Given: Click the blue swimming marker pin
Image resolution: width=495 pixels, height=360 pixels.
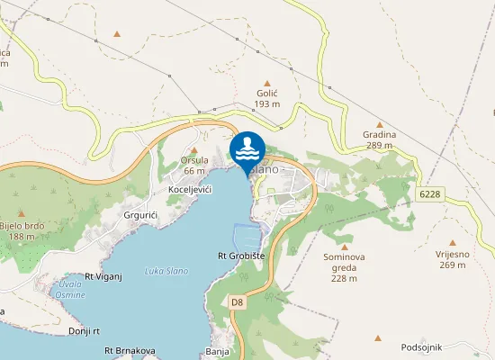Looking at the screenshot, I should (x=247, y=149).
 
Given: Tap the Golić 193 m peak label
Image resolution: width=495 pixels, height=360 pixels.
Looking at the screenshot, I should (x=267, y=98).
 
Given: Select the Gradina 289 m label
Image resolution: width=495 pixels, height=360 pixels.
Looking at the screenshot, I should (x=380, y=139).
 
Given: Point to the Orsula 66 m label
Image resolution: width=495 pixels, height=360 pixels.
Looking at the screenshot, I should (x=195, y=165).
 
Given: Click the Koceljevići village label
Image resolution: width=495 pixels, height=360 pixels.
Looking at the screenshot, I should (x=190, y=190).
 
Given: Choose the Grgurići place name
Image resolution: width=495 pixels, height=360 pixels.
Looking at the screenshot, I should (x=142, y=216).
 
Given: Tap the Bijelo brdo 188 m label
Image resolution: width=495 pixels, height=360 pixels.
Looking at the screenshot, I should (x=22, y=230).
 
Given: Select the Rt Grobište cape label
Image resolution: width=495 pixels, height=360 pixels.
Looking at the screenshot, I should (x=241, y=256).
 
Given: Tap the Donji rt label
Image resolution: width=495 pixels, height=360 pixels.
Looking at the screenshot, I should (x=83, y=331).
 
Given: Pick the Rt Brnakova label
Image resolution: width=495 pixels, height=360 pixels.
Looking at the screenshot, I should (x=130, y=350).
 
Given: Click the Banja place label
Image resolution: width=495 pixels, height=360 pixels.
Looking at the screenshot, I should (x=217, y=351).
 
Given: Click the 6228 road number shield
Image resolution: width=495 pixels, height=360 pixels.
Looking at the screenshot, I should (x=430, y=193).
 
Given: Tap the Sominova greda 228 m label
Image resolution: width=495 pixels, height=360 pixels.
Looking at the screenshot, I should (x=344, y=267).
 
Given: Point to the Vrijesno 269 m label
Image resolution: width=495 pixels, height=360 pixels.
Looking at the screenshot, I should (x=453, y=259).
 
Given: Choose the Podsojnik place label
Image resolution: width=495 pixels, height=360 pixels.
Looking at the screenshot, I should (x=425, y=346).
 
